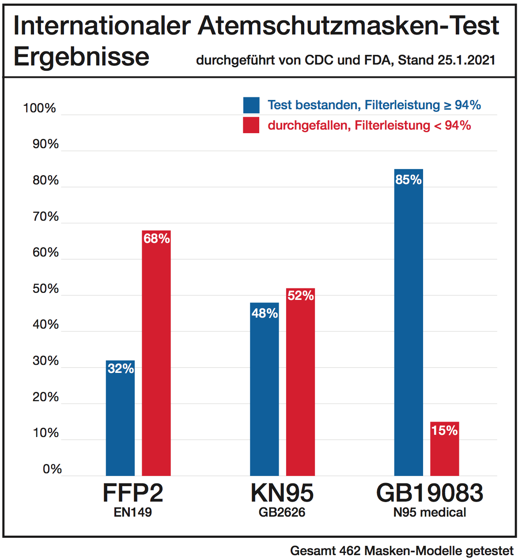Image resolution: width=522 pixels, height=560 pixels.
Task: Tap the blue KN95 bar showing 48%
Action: coord(264,389)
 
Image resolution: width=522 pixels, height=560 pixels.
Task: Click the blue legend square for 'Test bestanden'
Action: coord(251,105)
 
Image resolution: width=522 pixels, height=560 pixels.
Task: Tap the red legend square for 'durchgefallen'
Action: coord(251,125)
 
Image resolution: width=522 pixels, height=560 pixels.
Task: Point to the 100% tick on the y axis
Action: coord(40,108)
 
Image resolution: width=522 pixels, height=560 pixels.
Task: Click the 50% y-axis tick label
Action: coord(45,288)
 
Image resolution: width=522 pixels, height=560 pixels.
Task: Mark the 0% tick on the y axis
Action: coord(52,469)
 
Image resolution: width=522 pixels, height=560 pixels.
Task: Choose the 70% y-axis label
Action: coord(45,216)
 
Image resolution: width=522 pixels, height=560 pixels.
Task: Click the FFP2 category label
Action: coord(133,492)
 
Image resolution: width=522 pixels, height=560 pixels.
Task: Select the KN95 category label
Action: coord(282,492)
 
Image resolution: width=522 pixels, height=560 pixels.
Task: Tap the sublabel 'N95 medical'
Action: coord(430,512)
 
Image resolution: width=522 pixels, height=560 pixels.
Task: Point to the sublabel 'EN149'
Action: coord(133,512)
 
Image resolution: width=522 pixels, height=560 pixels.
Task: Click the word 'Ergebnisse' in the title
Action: coord(82,57)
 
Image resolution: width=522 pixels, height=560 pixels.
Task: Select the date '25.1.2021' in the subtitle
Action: coord(466,60)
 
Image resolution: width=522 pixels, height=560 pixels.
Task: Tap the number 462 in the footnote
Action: coord(350,551)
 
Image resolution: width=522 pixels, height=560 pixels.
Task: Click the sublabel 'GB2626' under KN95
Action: coord(282,512)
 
